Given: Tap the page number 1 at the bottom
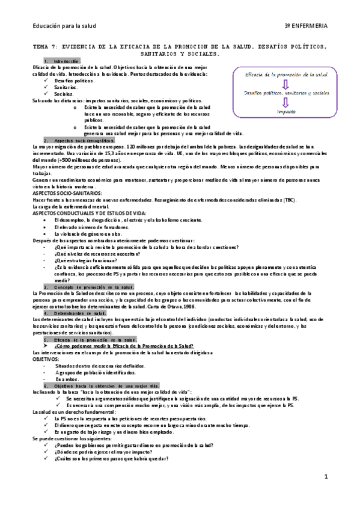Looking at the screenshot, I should [x=325, y=476].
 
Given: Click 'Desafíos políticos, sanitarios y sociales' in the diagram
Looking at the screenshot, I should [x=286, y=93].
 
